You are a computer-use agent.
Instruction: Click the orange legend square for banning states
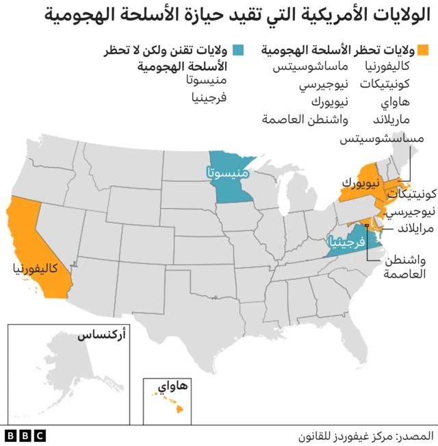424,50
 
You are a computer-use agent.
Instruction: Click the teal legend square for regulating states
237,50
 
